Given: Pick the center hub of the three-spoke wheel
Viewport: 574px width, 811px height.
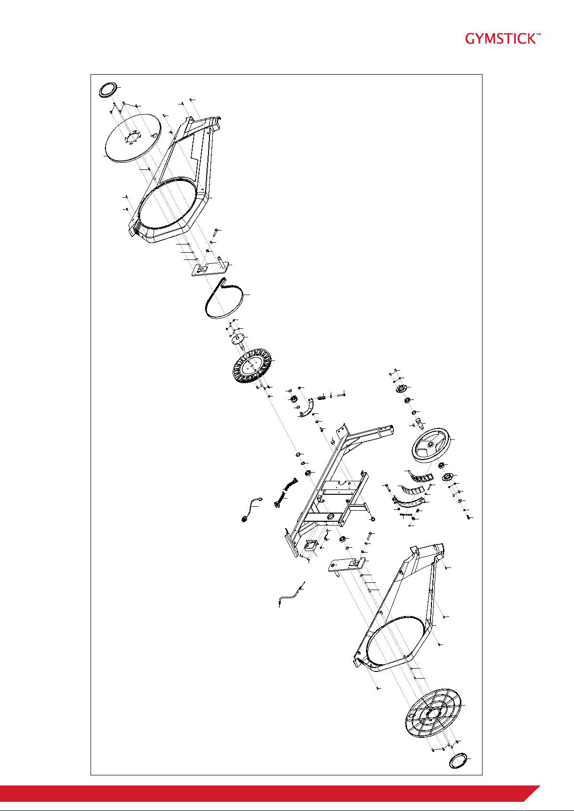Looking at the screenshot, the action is click(x=431, y=444).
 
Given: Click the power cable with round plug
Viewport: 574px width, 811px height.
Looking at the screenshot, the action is click(x=250, y=509).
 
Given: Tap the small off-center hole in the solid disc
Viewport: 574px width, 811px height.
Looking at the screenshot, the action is click(x=156, y=135).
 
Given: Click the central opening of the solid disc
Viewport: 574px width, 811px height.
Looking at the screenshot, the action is click(x=132, y=138).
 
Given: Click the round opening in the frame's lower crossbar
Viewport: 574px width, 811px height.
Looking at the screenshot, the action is click(x=330, y=515).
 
